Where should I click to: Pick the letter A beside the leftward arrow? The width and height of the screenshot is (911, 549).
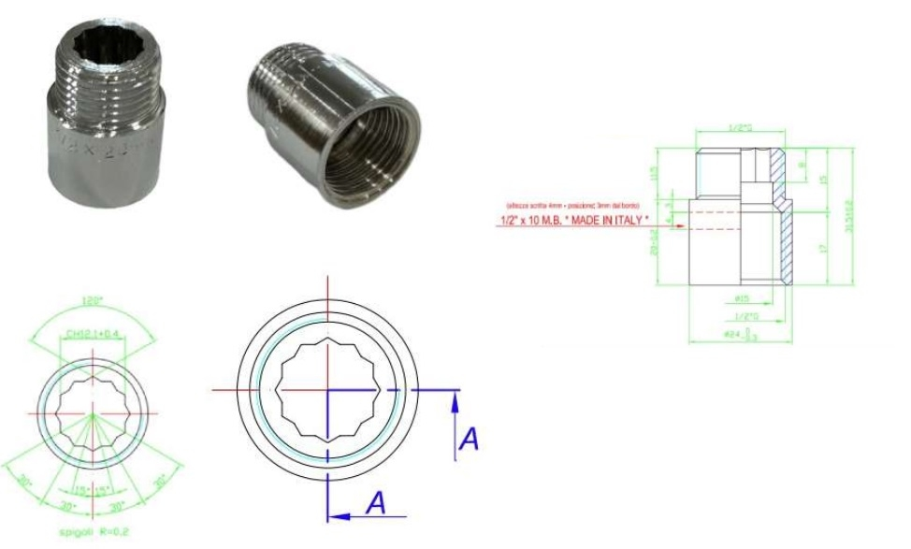click(375, 503)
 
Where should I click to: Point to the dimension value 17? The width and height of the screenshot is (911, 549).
click(819, 249)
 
